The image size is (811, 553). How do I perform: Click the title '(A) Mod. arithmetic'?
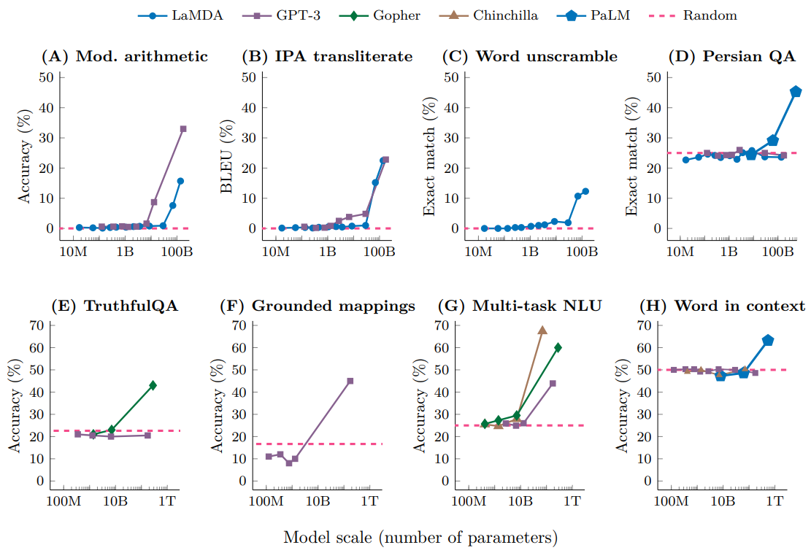pos(125,56)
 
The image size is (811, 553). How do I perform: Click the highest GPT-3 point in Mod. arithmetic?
pos(183,128)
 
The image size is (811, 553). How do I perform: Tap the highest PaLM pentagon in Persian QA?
pos(796,92)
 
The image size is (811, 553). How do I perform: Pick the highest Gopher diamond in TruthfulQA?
pos(153,385)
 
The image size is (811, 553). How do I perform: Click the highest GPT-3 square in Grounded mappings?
pos(350,381)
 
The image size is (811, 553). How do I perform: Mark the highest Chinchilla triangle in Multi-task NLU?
pos(542,330)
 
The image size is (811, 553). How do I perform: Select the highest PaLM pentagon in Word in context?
pos(768,340)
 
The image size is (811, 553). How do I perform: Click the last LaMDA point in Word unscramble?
pos(585,191)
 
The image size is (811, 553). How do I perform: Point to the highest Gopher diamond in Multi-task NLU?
pos(558,347)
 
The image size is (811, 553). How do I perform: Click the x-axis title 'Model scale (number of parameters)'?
pos(420,538)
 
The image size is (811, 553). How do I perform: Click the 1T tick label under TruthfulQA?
pos(167,501)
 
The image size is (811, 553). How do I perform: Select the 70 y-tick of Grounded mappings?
pos(237,325)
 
